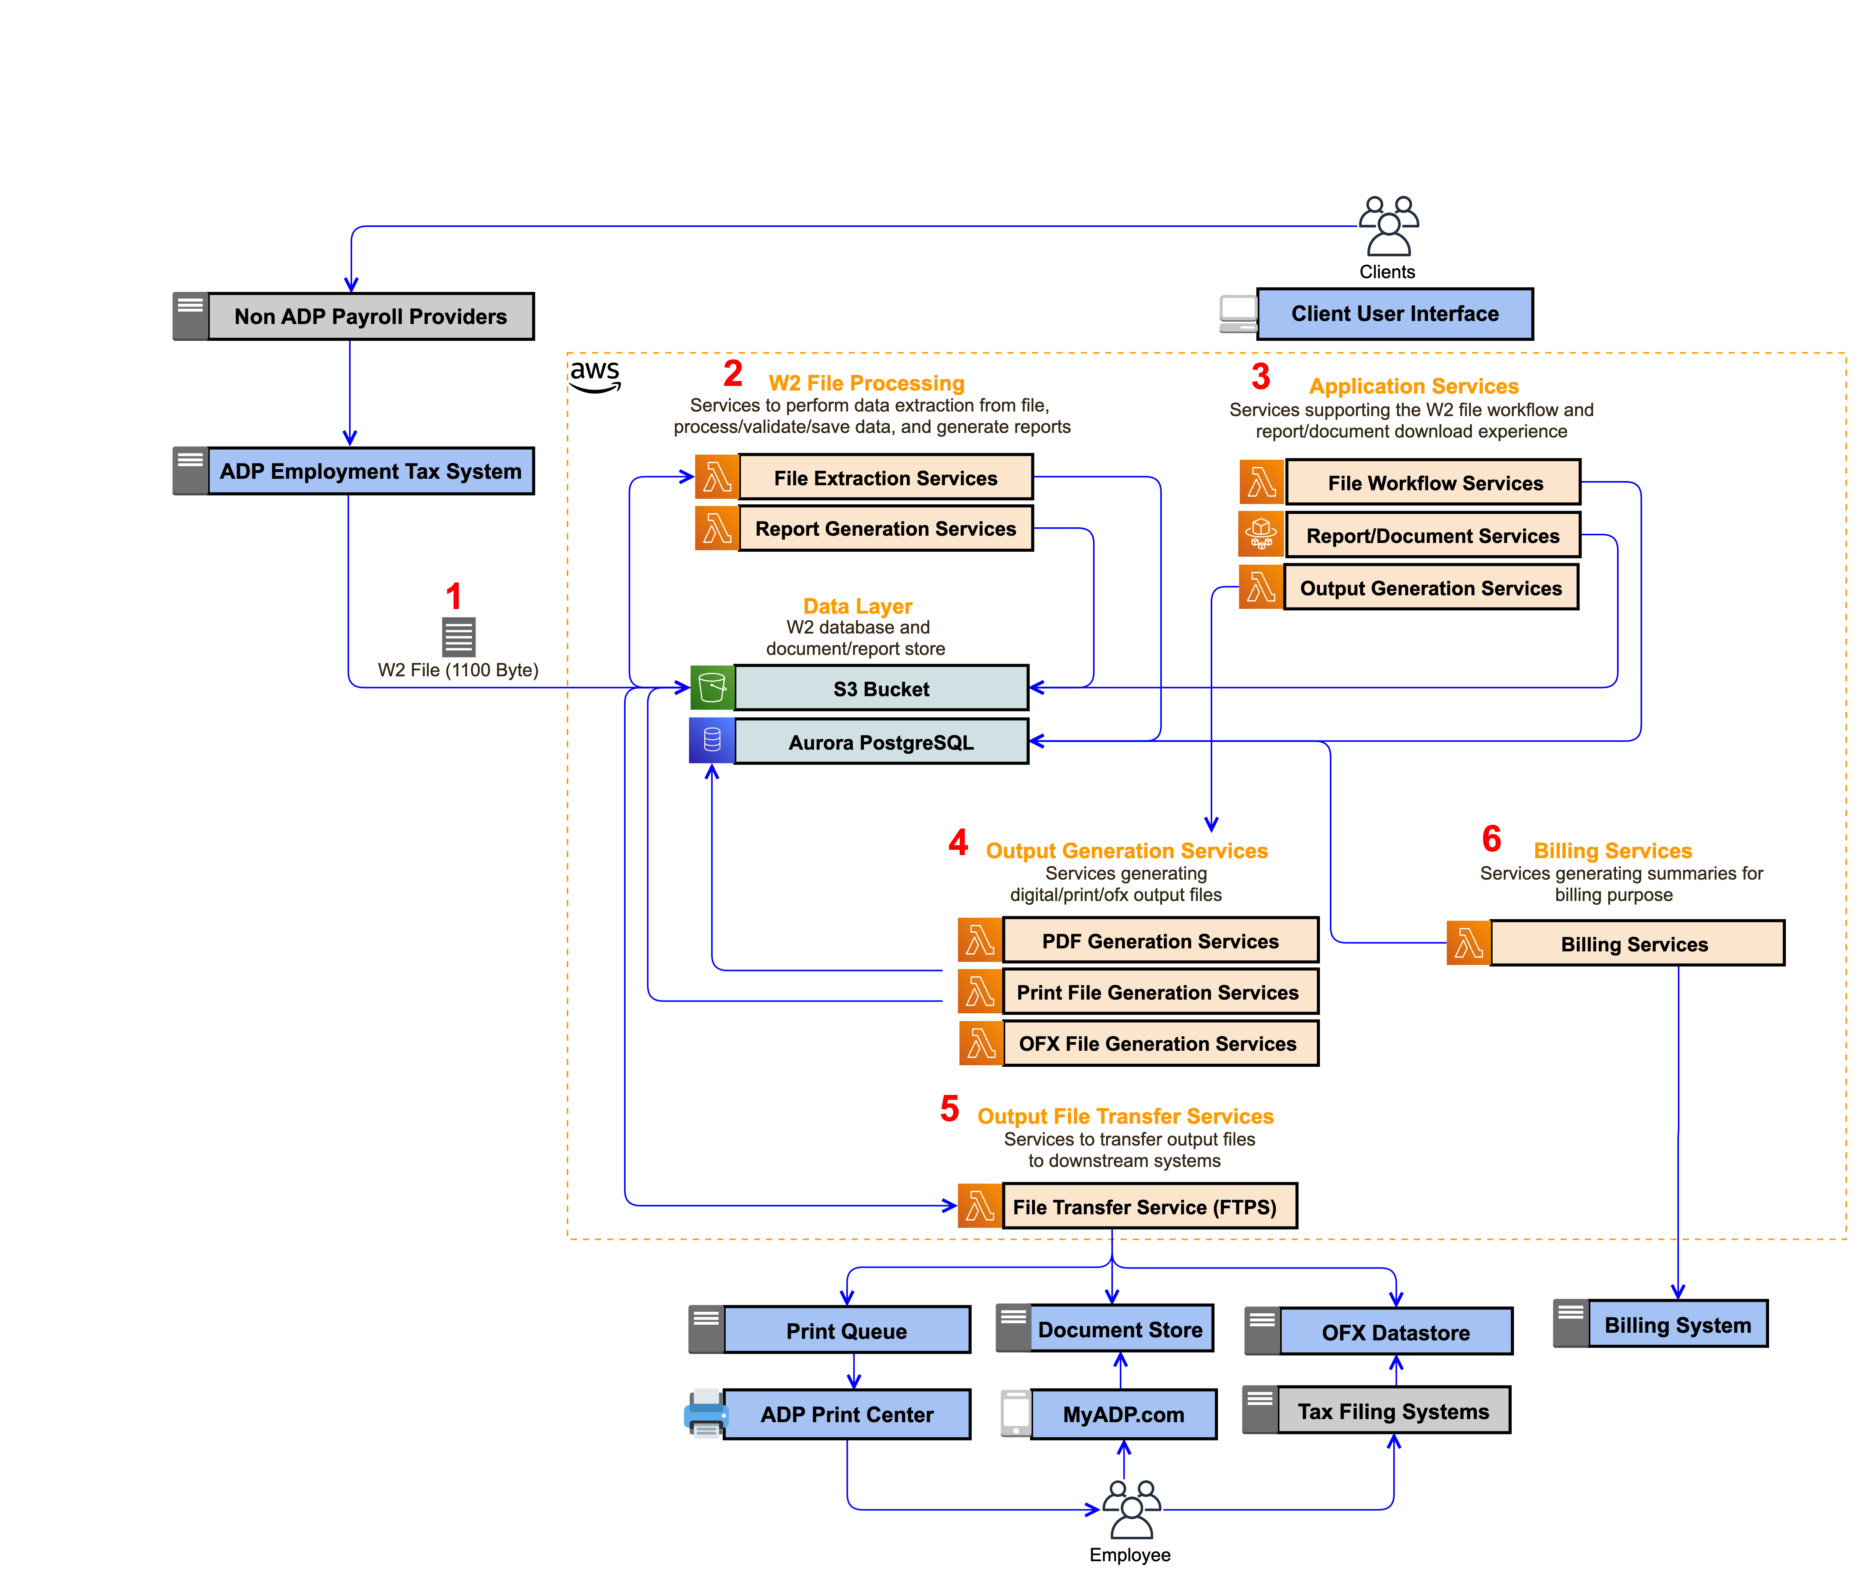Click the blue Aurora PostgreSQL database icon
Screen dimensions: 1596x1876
click(x=712, y=740)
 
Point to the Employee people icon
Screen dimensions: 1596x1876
click(x=1130, y=1508)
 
